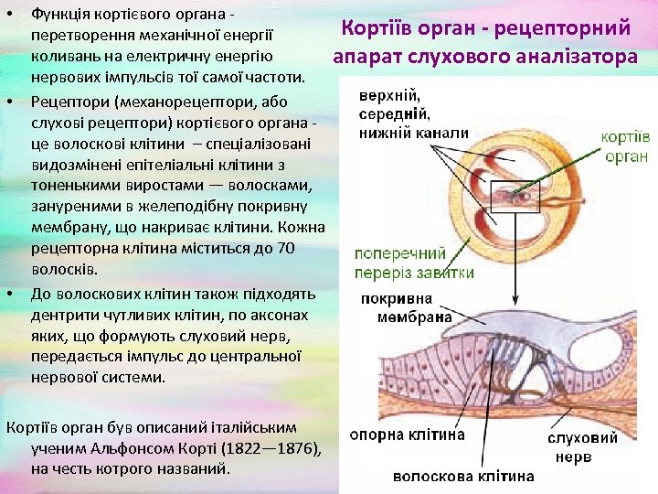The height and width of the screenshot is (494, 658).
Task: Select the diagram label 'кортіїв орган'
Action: pos(625,146)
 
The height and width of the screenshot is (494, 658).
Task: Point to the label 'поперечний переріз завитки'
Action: pos(414,263)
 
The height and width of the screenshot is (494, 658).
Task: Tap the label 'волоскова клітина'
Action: pos(463,476)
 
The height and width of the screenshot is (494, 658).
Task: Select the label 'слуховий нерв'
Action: pos(583,446)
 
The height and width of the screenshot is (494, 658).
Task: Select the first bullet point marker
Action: pos(10,16)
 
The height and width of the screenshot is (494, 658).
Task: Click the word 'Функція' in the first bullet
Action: pos(59,16)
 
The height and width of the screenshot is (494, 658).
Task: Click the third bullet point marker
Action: pos(10,294)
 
